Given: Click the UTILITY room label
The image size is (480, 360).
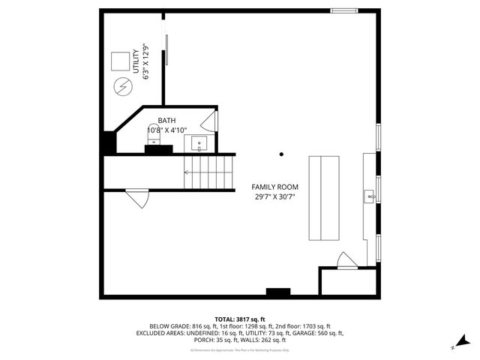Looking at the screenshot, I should pyautogui.click(x=136, y=64).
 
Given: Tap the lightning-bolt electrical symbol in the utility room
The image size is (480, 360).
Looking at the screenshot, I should pyautogui.click(x=121, y=86).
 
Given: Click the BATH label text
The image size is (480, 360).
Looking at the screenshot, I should pyautogui.click(x=166, y=119).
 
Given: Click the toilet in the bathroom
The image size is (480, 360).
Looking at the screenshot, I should pyautogui.click(x=154, y=136).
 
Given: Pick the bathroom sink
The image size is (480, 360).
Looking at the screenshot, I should pyautogui.click(x=199, y=142).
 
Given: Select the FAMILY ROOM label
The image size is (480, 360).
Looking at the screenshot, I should pyautogui.click(x=274, y=187).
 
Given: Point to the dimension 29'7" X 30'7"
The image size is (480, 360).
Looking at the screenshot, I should pyautogui.click(x=274, y=198).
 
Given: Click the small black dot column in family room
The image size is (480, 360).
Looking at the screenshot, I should pyautogui.click(x=282, y=154).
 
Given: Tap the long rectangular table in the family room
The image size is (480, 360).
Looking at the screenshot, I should pyautogui.click(x=323, y=198).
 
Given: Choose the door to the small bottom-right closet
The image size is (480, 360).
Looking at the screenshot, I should pyautogui.click(x=346, y=260).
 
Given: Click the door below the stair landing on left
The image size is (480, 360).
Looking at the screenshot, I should pyautogui.click(x=136, y=197).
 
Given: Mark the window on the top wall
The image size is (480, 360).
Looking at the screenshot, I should pyautogui.click(x=344, y=10).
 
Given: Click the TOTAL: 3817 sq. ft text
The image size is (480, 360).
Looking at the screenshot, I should pyautogui.click(x=240, y=319).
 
